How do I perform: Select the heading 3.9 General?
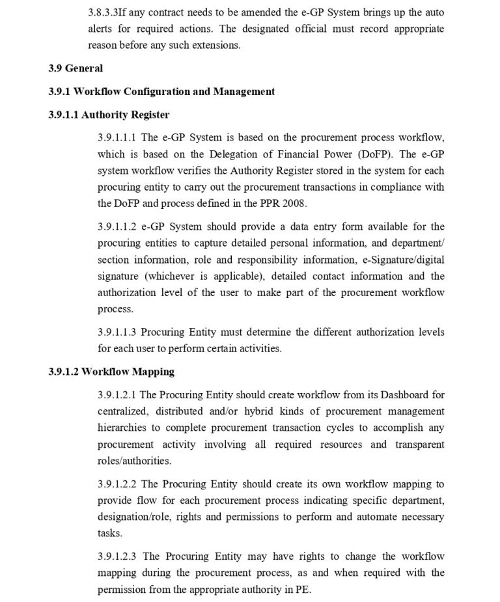click(x=76, y=68)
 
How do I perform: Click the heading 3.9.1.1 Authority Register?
click(x=109, y=115)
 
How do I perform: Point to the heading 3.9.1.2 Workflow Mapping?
click(x=111, y=372)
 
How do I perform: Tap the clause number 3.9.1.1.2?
click(x=117, y=226)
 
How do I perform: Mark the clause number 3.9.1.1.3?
click(x=117, y=332)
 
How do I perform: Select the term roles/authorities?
click(x=134, y=461)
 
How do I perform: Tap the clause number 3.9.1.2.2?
click(x=117, y=484)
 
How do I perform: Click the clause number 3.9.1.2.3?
click(x=117, y=556)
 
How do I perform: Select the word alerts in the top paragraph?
click(x=103, y=29)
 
